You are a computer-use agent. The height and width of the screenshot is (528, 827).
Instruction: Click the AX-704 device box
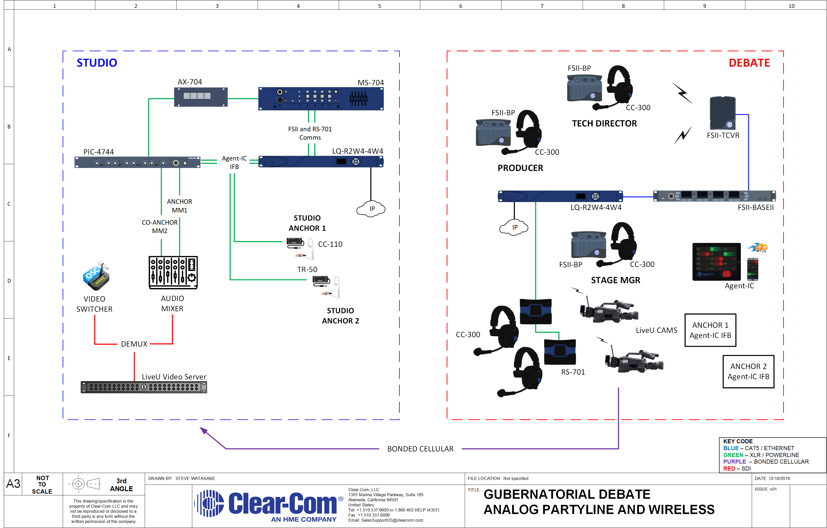[x=201, y=97]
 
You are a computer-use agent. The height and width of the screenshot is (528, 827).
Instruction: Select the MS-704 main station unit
[x=321, y=99]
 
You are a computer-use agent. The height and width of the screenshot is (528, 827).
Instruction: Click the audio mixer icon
[x=173, y=272]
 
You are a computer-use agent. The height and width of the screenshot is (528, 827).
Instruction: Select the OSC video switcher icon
[x=96, y=276]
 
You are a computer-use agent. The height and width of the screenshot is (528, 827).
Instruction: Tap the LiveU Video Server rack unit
[x=144, y=387]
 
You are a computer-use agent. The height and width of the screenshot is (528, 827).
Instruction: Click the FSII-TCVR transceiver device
[x=723, y=113]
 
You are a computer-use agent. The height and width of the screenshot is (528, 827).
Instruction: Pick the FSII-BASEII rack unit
[x=714, y=196]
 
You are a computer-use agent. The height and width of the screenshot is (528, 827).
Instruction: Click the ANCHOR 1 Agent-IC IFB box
[x=711, y=330]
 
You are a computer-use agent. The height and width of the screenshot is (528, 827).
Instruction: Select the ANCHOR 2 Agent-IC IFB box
[x=749, y=372]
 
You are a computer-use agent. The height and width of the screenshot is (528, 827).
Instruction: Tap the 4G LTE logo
[x=758, y=248]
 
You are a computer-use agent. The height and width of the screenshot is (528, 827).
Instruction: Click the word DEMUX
[x=134, y=344]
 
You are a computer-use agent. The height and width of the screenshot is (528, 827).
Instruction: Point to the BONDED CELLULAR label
[x=420, y=449]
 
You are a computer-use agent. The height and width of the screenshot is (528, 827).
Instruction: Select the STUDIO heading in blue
[x=97, y=63]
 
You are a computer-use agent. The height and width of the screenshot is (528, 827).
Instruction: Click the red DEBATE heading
[x=749, y=63]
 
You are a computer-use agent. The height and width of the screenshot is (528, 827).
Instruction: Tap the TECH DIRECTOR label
[x=604, y=123]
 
